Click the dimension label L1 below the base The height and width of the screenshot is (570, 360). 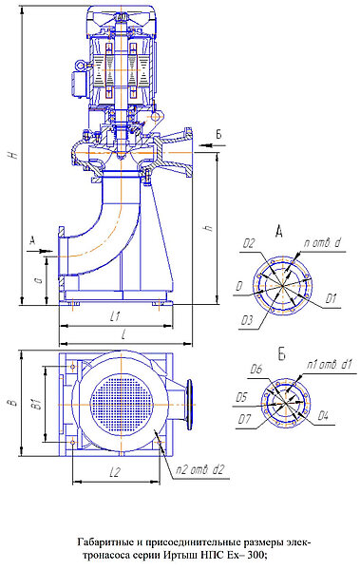[x=115, y=316]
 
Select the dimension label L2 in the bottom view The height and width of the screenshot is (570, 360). [x=115, y=472]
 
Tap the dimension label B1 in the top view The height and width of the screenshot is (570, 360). [x=36, y=404]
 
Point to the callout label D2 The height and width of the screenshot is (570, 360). [x=249, y=243]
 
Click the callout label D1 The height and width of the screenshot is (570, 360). [x=331, y=299]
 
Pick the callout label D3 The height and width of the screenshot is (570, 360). [x=247, y=320]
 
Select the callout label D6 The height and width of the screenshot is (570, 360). [x=256, y=370]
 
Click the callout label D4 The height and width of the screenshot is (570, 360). [x=323, y=415]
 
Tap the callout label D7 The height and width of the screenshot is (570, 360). [x=245, y=419]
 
